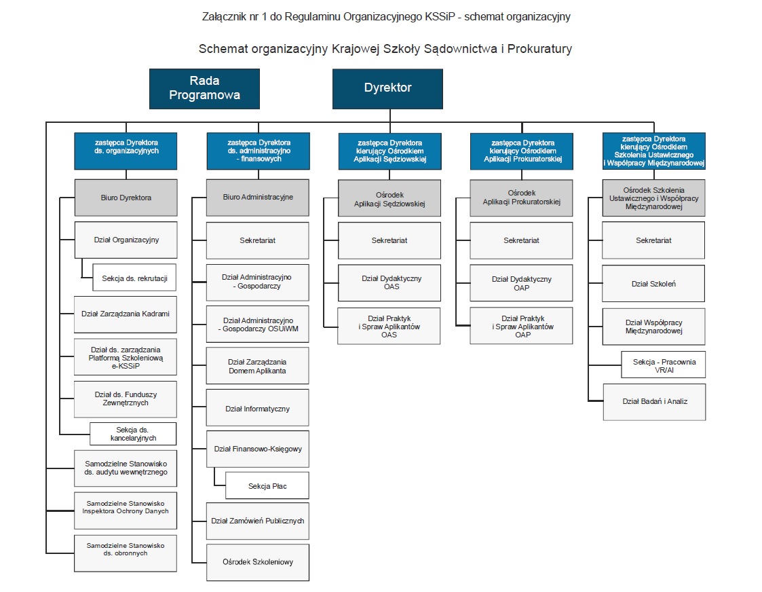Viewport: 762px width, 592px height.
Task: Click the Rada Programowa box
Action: click(204, 88)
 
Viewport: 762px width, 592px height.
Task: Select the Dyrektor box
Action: click(387, 88)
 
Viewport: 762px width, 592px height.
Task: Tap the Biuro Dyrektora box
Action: click(126, 198)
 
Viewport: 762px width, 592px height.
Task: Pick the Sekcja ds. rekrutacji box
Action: click(134, 278)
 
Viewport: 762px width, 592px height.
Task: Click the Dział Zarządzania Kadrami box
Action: click(126, 314)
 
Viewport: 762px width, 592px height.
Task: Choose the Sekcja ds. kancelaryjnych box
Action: click(133, 434)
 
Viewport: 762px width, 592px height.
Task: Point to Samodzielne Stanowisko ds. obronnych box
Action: click(126, 553)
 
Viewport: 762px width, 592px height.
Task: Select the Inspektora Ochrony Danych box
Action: click(126, 511)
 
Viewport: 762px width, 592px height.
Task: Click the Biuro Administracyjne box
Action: click(258, 198)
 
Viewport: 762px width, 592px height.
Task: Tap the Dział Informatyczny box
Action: click(258, 408)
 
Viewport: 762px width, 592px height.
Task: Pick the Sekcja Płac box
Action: click(267, 485)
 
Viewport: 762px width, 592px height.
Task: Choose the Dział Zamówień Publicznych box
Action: click(258, 521)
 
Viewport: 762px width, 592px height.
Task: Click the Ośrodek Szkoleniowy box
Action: click(258, 562)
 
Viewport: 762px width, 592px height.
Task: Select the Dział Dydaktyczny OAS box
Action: click(389, 283)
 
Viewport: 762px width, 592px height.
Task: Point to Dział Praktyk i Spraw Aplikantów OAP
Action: click(521, 326)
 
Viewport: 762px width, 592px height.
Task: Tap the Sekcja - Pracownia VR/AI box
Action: click(664, 365)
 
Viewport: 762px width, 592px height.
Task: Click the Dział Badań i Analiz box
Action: click(655, 402)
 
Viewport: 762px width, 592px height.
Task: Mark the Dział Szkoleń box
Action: click(653, 283)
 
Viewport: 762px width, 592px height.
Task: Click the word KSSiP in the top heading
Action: click(440, 16)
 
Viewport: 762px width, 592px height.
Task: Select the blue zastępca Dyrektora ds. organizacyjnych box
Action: click(126, 151)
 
